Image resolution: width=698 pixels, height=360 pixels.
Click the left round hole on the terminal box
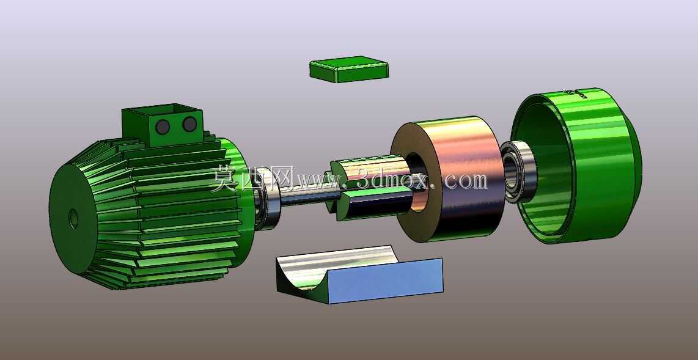click(163, 127)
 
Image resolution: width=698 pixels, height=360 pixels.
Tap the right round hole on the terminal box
click(189, 124)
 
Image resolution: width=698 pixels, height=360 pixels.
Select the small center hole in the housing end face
click(73, 219)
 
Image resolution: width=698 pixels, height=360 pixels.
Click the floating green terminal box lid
click(349, 69)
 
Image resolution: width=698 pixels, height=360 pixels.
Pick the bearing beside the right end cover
click(518, 171)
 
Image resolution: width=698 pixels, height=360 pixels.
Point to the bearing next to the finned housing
click(267, 199)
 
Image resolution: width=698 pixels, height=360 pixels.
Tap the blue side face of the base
click(386, 281)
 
